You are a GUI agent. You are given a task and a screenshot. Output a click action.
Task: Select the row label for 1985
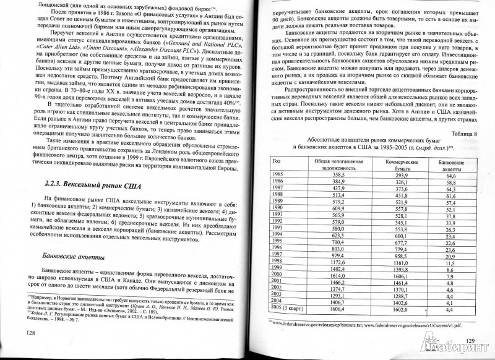point(278,175)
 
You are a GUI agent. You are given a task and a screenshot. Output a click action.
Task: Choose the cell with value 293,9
point(396,176)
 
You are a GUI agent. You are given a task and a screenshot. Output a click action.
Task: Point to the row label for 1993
point(278,228)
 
